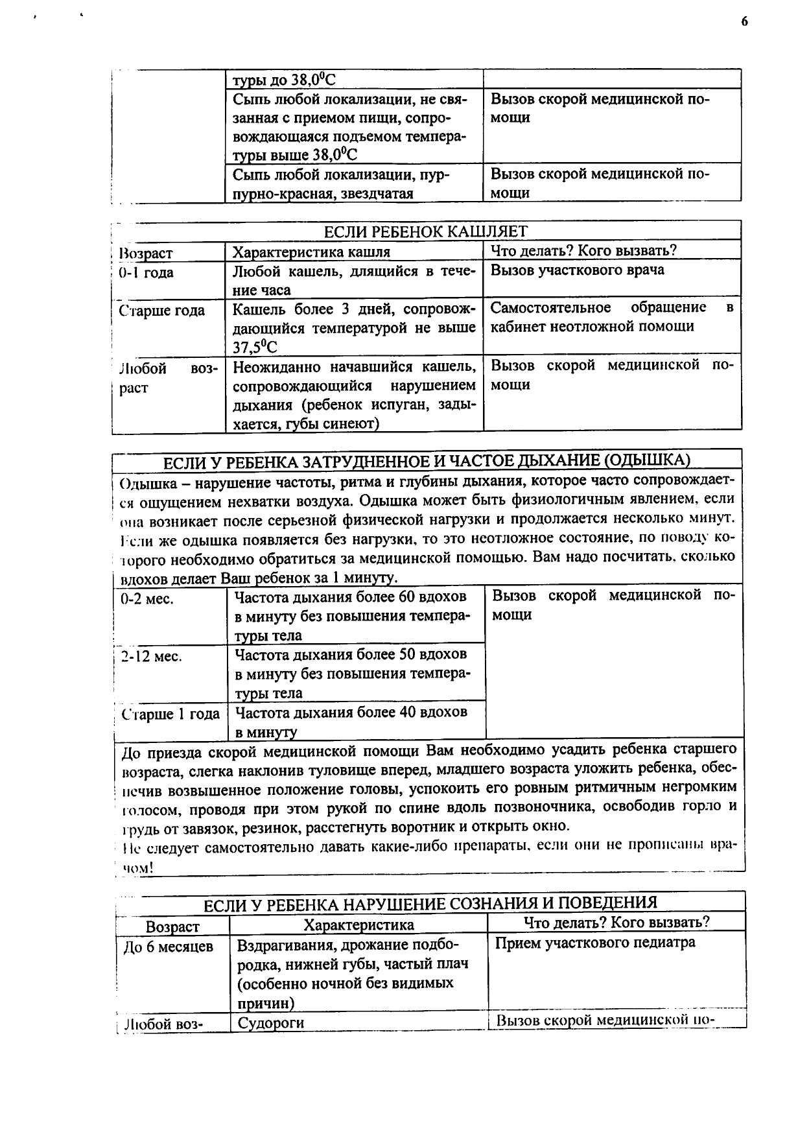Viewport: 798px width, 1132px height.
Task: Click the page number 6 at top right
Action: (x=744, y=22)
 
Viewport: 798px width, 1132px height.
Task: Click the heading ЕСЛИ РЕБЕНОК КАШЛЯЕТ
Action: (x=425, y=231)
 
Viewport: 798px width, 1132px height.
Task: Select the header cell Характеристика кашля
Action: (x=311, y=252)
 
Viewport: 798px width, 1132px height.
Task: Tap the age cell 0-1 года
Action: (x=147, y=273)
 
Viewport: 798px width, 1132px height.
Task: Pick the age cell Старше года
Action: (x=161, y=311)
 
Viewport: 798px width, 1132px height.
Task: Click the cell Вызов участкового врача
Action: (x=577, y=270)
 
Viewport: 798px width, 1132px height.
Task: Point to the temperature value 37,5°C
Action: (x=255, y=347)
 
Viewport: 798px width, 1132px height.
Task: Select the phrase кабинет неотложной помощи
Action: (x=592, y=326)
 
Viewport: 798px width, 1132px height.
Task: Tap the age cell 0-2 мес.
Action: (x=147, y=599)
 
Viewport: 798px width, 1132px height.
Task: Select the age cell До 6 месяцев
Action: (x=169, y=947)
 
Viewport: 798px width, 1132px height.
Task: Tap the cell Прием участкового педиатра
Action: (x=595, y=943)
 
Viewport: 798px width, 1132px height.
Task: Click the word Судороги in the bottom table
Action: (x=271, y=1023)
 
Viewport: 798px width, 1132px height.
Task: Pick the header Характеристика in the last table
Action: (x=358, y=925)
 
